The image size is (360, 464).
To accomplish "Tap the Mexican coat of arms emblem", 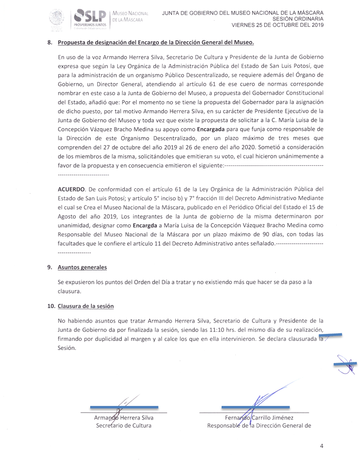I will tap(57, 19).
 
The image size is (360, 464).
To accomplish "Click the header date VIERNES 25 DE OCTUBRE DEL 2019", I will tap(277, 25).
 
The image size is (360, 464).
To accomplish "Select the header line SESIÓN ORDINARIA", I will tap(298, 19).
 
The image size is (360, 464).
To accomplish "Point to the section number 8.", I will tap(50, 43).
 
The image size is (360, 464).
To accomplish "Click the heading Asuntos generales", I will tap(82, 267).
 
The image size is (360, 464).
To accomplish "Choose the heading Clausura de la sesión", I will tap(86, 306).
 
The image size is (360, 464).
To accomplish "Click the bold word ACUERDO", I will tap(71, 189).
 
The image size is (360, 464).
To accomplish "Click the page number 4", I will tap(321, 446).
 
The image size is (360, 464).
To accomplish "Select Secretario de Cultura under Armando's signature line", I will tap(124, 425).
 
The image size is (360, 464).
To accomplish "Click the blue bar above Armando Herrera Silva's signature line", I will tap(124, 407).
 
